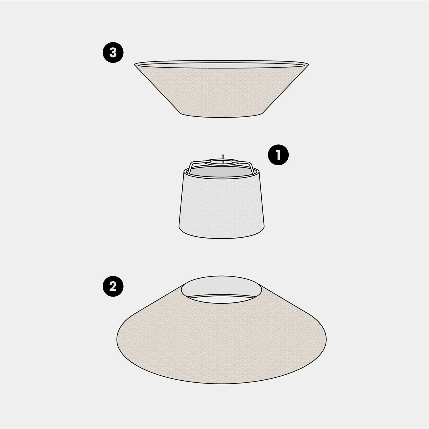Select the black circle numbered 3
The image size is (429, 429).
pyautogui.click(x=113, y=53)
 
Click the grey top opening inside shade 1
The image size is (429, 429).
pyautogui.click(x=222, y=171)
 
